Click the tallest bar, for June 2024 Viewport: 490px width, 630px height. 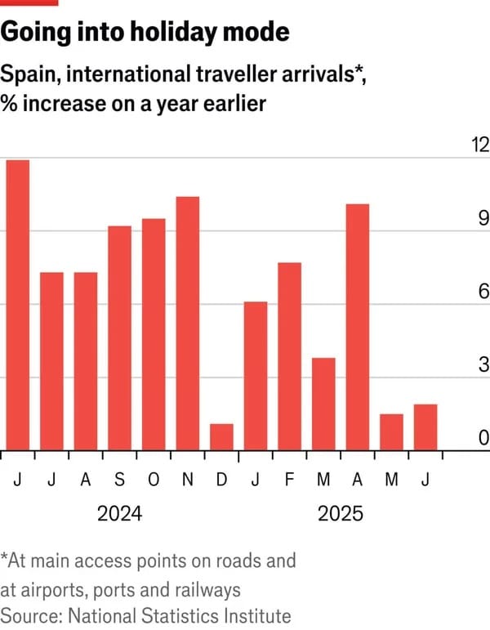point(17,304)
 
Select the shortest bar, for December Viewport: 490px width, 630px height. point(221,436)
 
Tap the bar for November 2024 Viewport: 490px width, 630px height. point(188,323)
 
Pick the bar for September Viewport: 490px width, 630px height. point(119,337)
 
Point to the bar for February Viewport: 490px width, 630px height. point(290,355)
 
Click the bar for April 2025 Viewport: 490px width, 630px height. point(358,327)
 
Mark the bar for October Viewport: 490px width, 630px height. point(154,333)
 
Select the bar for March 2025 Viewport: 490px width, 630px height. point(323,404)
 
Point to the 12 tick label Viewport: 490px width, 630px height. point(479,145)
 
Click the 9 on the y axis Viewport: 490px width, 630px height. point(483,218)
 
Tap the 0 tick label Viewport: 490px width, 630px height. point(483,439)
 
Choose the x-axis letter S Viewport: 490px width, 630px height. point(119,479)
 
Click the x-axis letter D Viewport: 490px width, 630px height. point(221,479)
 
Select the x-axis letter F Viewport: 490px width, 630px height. point(290,479)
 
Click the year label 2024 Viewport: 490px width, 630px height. point(119,514)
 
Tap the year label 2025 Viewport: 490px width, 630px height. point(341,514)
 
